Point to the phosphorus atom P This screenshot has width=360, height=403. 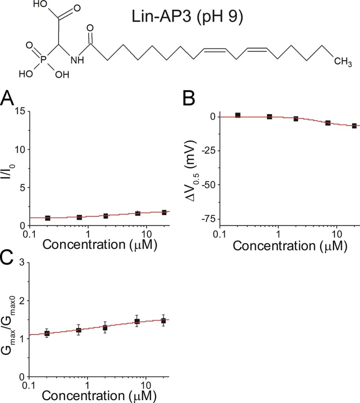click(42, 62)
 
